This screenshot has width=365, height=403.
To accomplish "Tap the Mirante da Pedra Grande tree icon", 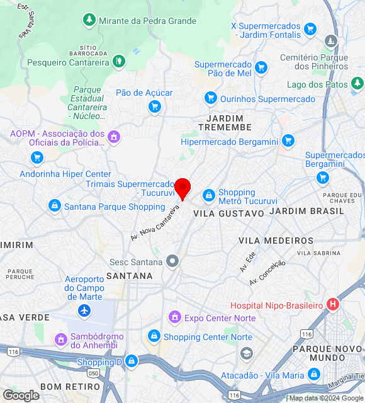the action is point(89,21).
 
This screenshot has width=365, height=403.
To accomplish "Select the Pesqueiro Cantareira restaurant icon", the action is point(118,61).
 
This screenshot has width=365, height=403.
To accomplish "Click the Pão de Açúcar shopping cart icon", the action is point(154,107).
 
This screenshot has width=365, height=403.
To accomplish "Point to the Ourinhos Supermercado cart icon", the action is point(210,98).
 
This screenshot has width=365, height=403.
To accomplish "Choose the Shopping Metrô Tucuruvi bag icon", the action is point(208,196).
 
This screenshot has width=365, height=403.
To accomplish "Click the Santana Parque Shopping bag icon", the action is point(55,205).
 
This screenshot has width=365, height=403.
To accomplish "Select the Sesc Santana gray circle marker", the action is point(172,261).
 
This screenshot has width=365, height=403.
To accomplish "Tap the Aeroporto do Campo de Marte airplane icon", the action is point(84,310).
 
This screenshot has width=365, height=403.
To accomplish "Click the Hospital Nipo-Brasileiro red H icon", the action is point(333,305).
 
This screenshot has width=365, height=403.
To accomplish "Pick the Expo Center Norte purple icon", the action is point(175,317).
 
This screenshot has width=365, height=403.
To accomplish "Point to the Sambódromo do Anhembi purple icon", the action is point(61,340).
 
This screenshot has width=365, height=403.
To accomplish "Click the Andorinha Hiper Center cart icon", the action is point(37,158).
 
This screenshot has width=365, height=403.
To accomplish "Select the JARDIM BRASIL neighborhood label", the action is point(307,211).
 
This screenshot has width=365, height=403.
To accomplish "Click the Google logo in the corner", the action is point(20,395).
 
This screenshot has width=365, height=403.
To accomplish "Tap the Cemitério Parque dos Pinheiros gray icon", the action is point(331,42).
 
